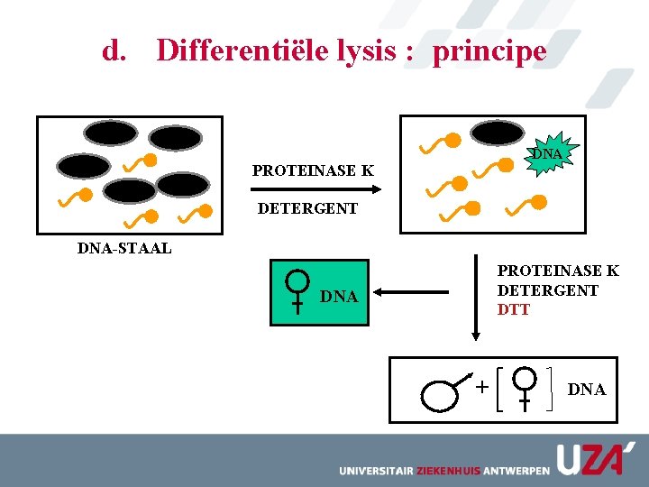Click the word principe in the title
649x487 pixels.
(489, 51)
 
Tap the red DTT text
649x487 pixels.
(514, 309)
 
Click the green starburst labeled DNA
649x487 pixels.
(546, 154)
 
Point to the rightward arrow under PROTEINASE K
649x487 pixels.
(314, 189)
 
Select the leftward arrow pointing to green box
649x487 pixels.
(412, 292)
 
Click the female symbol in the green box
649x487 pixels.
(297, 291)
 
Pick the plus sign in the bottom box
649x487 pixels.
(482, 387)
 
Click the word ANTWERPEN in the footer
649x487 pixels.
(516, 471)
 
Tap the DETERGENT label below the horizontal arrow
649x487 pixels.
(307, 208)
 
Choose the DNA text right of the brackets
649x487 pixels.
(587, 390)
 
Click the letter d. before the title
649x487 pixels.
(114, 51)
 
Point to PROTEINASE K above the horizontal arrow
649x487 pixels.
(313, 170)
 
